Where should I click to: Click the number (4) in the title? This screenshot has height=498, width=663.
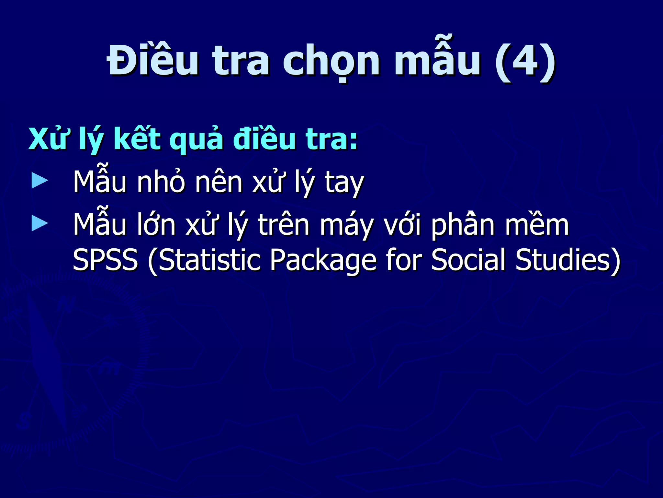tap(525, 62)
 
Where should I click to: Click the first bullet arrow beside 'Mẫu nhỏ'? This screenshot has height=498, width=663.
tap(40, 181)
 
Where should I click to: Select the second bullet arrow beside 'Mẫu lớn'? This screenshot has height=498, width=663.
tap(40, 224)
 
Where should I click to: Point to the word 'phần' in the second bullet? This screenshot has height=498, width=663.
tap(463, 224)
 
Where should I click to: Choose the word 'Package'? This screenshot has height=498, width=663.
tap(323, 261)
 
